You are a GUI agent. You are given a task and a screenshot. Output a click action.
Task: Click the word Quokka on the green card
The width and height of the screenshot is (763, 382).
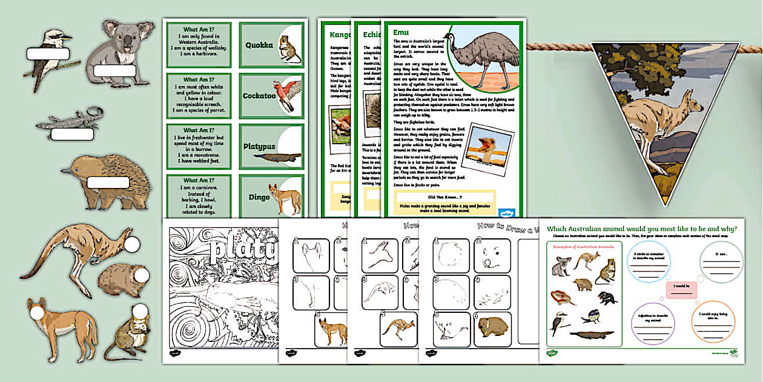click(259, 45)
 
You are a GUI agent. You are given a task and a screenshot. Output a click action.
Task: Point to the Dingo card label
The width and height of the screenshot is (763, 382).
click(259, 197)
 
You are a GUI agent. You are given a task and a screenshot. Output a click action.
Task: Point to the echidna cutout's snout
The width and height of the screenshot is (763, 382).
click(66, 172)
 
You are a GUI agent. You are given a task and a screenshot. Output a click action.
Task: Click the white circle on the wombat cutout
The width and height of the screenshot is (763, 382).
click(141, 276)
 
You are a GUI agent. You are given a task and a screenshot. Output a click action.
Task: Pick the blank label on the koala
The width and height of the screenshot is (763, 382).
click(114, 71)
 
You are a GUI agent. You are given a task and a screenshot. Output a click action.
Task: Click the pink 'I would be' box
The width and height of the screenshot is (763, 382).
click(681, 290)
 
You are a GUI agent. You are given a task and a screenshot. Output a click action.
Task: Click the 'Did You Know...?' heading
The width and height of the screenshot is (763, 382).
click(444, 198)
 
